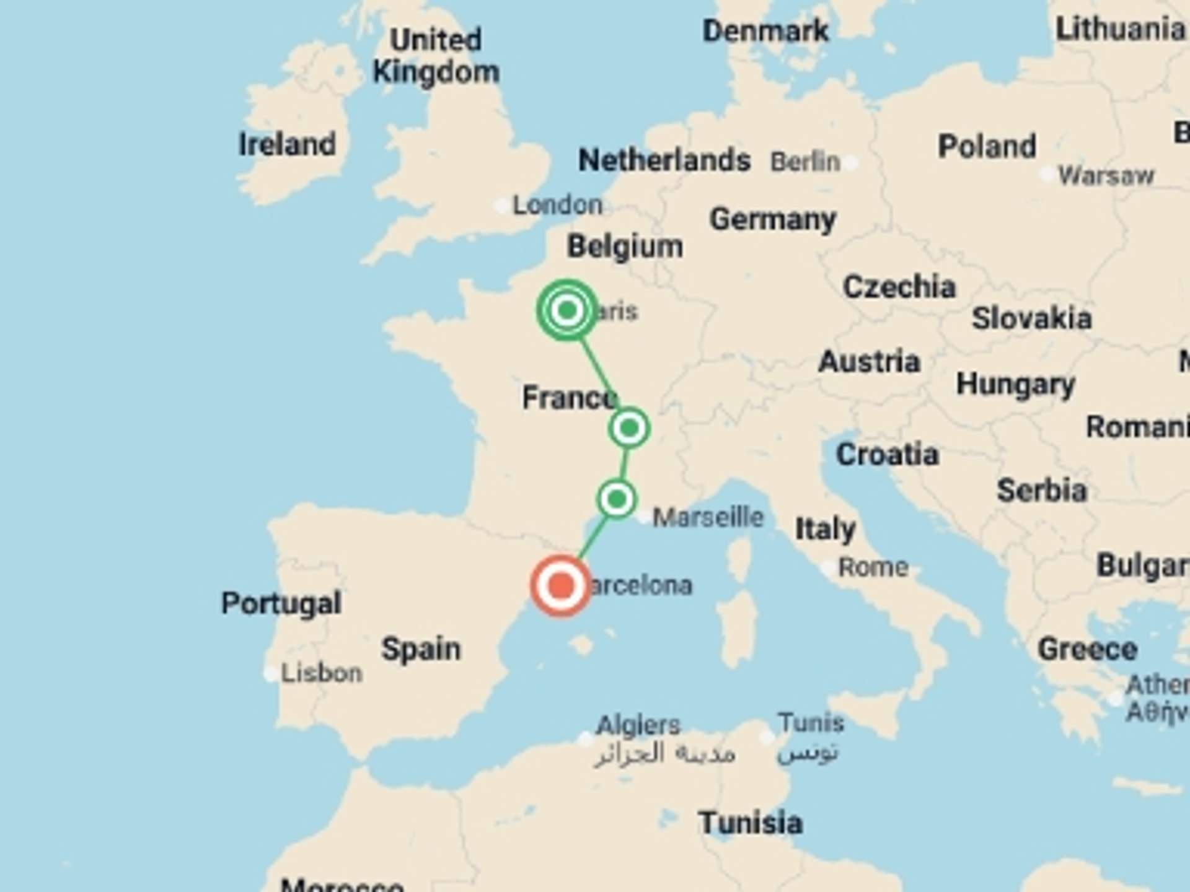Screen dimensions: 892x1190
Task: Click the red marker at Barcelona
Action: pyautogui.click(x=561, y=585)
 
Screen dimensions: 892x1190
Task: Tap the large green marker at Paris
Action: pyautogui.click(x=567, y=310)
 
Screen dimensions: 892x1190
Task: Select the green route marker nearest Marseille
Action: pyautogui.click(x=617, y=499)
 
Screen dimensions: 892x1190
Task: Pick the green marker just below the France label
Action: pyautogui.click(x=629, y=427)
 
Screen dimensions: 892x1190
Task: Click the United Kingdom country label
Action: pyautogui.click(x=436, y=56)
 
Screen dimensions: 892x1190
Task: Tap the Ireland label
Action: pyautogui.click(x=287, y=144)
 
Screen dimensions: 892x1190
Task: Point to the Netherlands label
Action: pyautogui.click(x=664, y=160)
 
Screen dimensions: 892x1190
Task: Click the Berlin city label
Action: pyautogui.click(x=804, y=162)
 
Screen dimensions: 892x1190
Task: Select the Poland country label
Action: pyautogui.click(x=987, y=147)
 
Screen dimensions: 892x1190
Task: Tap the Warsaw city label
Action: pyautogui.click(x=1106, y=176)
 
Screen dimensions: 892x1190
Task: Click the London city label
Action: pyautogui.click(x=557, y=205)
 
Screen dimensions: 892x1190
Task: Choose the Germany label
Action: pyautogui.click(x=772, y=219)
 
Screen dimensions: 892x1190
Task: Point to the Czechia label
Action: pyautogui.click(x=899, y=287)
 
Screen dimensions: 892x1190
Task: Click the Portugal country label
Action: pyautogui.click(x=281, y=603)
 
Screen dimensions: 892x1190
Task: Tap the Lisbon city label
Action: pyautogui.click(x=321, y=673)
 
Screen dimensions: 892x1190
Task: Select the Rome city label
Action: pyautogui.click(x=873, y=567)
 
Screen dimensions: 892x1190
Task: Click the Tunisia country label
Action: pyautogui.click(x=750, y=823)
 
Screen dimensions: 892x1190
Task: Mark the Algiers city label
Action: pyautogui.click(x=638, y=725)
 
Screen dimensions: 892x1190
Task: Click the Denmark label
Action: pyautogui.click(x=765, y=31)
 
